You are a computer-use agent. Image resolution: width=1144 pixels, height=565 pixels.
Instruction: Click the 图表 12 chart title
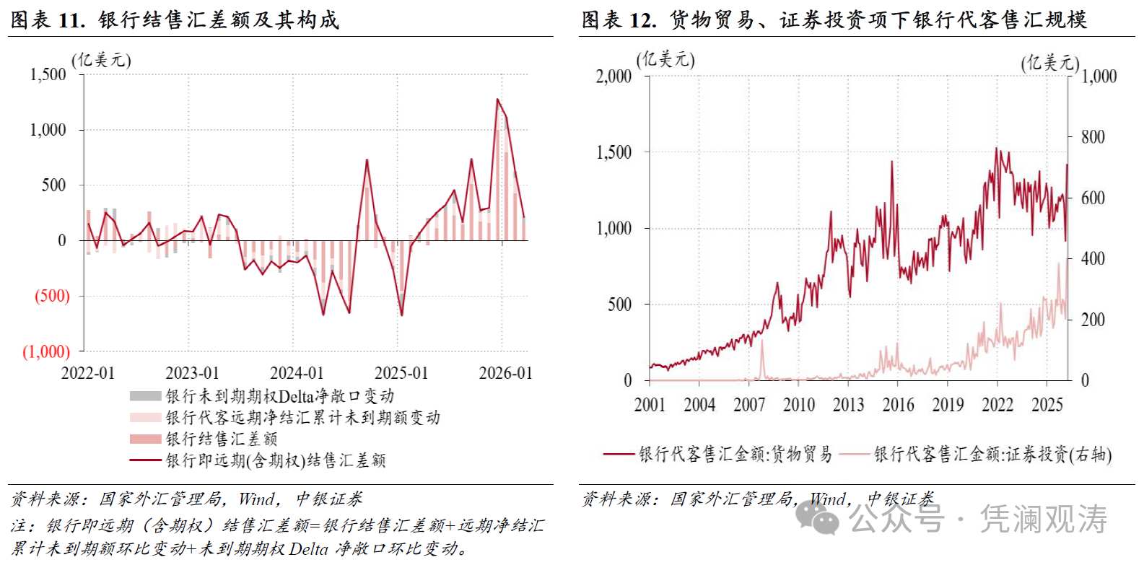(x=834, y=19)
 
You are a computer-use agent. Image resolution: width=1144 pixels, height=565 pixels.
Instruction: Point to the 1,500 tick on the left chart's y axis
(x=48, y=74)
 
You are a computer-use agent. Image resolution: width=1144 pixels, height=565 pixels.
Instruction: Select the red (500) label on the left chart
(x=52, y=296)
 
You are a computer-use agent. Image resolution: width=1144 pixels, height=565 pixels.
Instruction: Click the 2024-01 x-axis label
(x=297, y=373)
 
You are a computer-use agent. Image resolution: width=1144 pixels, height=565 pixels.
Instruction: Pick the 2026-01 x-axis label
(x=505, y=373)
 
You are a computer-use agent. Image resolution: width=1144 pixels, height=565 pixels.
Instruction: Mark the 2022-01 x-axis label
(x=88, y=373)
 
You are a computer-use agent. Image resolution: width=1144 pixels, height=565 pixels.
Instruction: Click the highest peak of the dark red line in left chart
(x=497, y=100)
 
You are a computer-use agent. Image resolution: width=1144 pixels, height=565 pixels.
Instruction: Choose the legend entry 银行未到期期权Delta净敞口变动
(x=279, y=396)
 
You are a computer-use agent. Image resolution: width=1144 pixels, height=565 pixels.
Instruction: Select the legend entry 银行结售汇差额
(x=222, y=439)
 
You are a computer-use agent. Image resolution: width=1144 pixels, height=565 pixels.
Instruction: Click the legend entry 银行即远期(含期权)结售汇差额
(x=276, y=460)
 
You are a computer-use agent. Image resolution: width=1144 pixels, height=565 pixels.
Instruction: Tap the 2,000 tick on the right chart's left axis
(x=614, y=76)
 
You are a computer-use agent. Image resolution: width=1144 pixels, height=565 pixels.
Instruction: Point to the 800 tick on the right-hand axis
(x=1093, y=137)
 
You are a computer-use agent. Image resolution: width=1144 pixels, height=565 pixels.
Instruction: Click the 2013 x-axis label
(x=848, y=405)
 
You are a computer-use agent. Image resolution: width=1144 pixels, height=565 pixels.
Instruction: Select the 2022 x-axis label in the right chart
(x=997, y=405)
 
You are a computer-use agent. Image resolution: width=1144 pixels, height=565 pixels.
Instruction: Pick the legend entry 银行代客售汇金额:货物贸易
(x=735, y=454)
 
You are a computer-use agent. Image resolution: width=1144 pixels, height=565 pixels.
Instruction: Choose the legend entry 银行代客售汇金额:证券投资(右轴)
(x=992, y=454)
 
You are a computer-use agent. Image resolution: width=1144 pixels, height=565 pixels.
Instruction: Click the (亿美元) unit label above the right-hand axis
(x=1049, y=63)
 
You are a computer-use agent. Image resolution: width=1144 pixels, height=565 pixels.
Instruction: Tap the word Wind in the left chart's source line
(x=256, y=499)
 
